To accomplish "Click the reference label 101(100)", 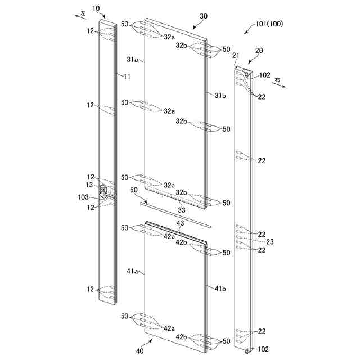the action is coord(268,25).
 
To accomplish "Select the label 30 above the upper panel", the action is coord(203,17).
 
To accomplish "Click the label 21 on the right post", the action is coord(236,55).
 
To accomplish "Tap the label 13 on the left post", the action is coord(89,185).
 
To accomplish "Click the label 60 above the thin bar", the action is coord(133,192).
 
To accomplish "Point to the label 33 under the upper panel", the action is coord(181,210).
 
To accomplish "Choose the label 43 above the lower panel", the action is coord(180,223).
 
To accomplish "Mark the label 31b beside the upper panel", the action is coord(220,95).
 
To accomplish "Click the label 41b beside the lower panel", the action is coord(220,289).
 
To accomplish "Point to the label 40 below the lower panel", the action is coord(139,350).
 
